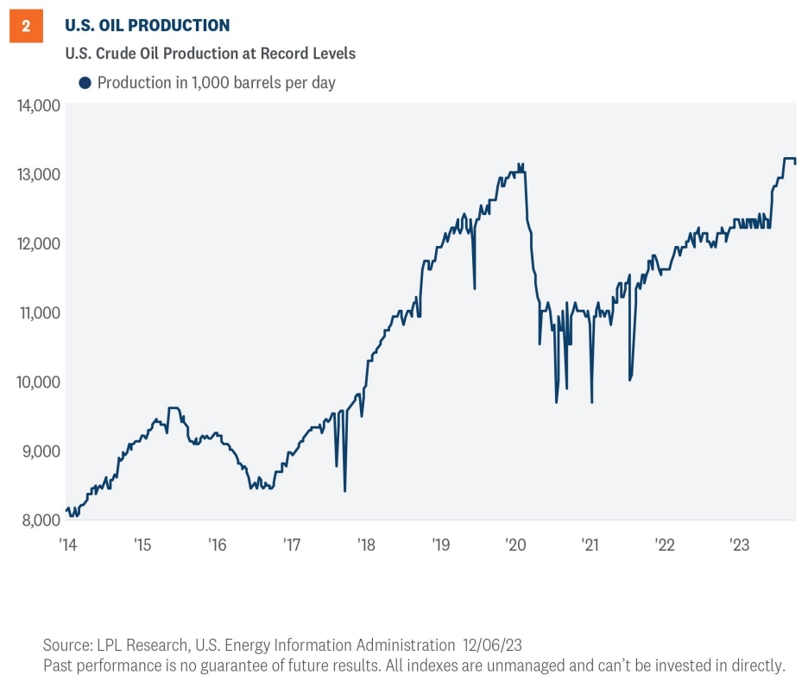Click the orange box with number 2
tap(26, 26)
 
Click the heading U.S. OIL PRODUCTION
tap(148, 26)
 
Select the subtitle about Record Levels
tap(211, 54)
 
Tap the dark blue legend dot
tap(85, 83)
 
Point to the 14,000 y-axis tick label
tap(37, 105)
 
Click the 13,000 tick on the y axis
tap(37, 174)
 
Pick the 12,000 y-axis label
tap(37, 243)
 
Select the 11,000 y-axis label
tap(37, 312)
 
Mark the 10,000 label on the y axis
tap(37, 381)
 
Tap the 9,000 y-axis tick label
tap(40, 451)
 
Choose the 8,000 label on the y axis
tap(40, 520)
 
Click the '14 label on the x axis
tap(67, 545)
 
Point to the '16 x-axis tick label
tap(217, 545)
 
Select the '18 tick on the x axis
tap(366, 545)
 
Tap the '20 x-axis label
tap(515, 545)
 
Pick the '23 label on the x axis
tap(739, 545)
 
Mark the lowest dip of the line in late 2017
tap(344, 490)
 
